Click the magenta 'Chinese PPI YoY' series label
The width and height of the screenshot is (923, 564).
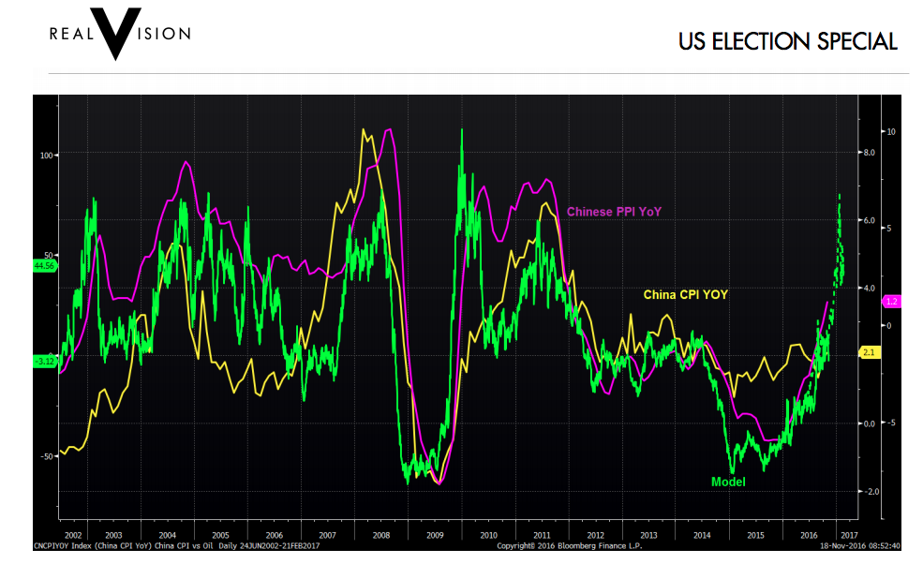point(614,212)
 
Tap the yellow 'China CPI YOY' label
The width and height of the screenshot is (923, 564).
point(685,294)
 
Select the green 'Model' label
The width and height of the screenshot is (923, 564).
point(728,482)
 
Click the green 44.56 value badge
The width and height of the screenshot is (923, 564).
point(45,266)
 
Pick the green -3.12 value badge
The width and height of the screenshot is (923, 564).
point(45,361)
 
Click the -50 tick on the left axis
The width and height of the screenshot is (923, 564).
point(48,456)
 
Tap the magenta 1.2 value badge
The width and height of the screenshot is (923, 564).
point(893,302)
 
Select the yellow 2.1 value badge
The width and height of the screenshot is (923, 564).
point(868,352)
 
